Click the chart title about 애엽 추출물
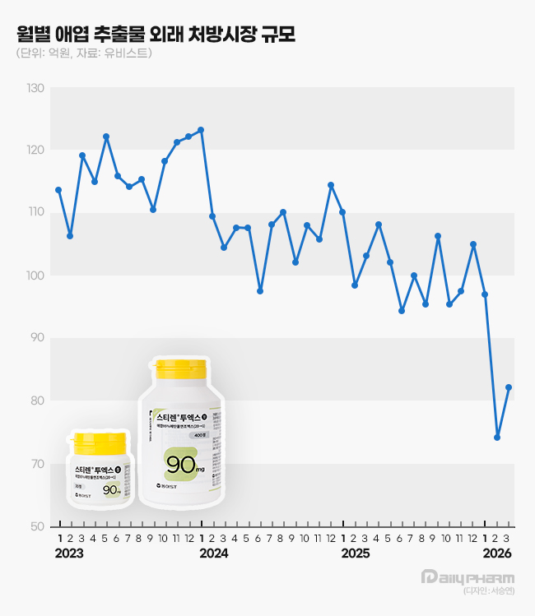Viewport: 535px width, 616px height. click(156, 34)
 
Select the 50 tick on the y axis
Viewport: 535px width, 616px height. click(37, 526)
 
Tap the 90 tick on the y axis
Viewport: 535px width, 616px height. click(37, 338)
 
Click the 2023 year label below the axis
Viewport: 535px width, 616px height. click(69, 553)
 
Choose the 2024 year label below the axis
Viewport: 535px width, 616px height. click(213, 553)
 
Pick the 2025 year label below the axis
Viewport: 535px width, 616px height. click(356, 553)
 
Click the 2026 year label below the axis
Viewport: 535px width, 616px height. click(497, 553)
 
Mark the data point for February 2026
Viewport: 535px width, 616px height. click(497, 438)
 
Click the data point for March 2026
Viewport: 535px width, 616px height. click(509, 387)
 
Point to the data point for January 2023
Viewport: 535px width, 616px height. click(58, 190)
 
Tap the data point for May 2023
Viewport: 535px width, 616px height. click(106, 137)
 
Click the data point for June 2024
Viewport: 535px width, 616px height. click(260, 291)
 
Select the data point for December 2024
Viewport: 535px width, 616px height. click(331, 185)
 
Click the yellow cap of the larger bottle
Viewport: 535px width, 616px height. click(181, 368)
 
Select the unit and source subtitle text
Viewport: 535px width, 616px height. click(83, 54)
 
